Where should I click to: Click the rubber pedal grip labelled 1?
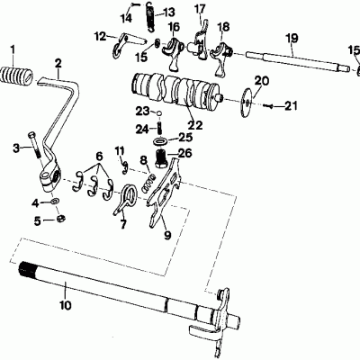coord(16,75)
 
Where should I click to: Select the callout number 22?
coord(193,124)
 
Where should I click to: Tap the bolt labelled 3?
coord(34,144)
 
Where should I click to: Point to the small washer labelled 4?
coord(56,201)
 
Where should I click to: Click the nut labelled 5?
coord(61,218)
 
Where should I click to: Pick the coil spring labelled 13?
coord(151,16)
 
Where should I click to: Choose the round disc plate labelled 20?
coord(247,103)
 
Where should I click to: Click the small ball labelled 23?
coord(160,113)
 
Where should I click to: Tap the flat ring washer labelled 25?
coord(161,140)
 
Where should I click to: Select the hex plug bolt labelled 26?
coord(161,158)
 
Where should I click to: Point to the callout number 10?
coord(66,305)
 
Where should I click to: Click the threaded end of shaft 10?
coord(27,270)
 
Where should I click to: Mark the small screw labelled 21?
coord(268,105)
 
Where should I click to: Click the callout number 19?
coord(292,38)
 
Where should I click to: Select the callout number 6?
coord(99,157)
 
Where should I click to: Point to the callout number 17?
coord(200,8)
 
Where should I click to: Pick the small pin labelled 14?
coord(135,4)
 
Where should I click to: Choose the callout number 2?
coord(58,63)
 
